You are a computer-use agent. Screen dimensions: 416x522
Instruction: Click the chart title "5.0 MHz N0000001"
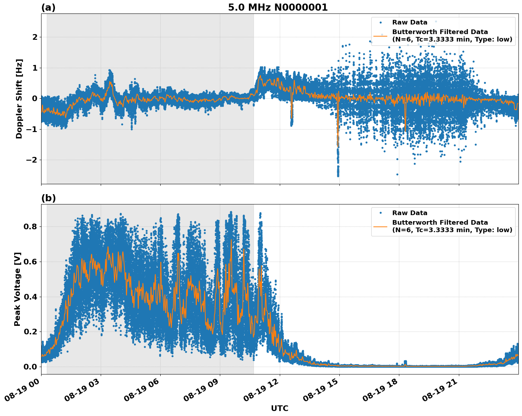click(278, 7)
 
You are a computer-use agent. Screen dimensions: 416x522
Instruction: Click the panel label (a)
click(48, 7)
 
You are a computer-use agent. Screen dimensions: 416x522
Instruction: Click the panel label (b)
click(48, 198)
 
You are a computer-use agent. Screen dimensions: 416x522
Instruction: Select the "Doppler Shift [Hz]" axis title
click(19, 99)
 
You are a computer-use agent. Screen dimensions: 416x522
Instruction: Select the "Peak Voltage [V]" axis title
click(18, 289)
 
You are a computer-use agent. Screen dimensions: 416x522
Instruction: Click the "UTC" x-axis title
click(279, 408)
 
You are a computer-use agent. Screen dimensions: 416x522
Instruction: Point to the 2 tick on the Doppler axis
click(35, 37)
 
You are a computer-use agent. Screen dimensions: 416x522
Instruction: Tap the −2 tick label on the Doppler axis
click(32, 160)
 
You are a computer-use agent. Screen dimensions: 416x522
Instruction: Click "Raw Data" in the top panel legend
click(410, 22)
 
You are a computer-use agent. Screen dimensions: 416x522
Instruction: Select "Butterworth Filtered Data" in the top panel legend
click(440, 32)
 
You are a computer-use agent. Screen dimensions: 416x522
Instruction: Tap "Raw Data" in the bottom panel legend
click(410, 213)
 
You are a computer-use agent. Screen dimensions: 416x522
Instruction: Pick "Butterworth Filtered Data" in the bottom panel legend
click(440, 223)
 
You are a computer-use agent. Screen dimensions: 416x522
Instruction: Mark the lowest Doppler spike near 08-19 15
click(338, 175)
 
